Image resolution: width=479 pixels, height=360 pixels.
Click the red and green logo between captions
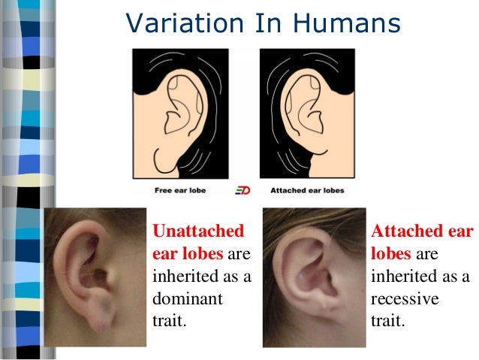click(241, 191)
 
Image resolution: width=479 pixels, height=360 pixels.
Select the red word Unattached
click(198, 230)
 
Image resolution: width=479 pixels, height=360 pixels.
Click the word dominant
click(188, 298)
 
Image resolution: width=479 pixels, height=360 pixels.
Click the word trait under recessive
click(387, 322)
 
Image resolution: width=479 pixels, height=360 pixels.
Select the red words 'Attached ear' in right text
click(422, 230)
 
